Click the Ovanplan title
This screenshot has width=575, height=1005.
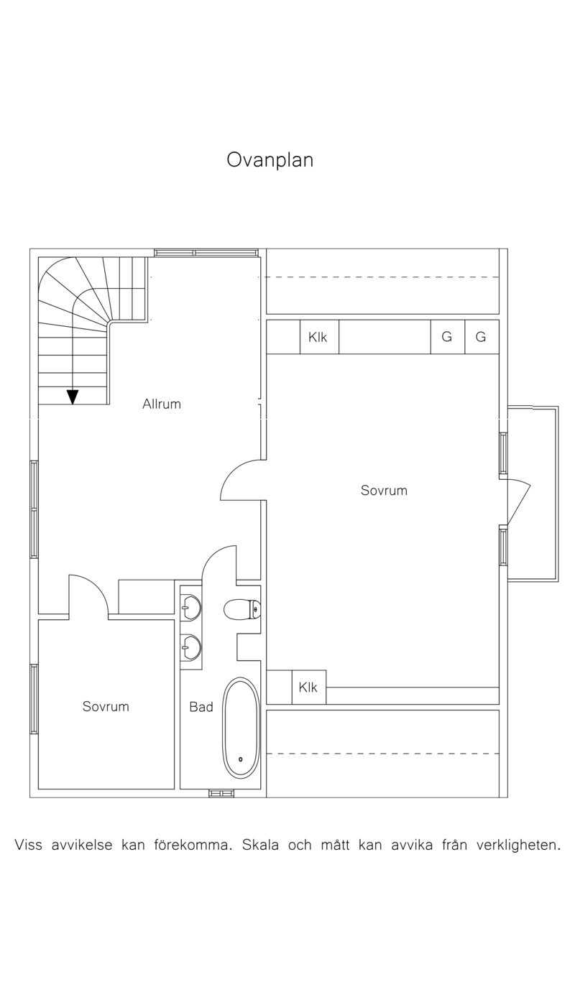coord(270,160)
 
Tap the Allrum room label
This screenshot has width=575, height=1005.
coord(162,404)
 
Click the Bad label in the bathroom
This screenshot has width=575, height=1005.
coord(201,707)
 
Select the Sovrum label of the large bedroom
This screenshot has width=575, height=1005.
coord(384,491)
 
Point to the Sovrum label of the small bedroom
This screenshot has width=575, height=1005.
coord(106,707)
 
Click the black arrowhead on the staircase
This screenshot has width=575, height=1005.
coord(73,397)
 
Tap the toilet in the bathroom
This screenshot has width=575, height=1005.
coord(242,610)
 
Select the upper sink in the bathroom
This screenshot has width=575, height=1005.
coord(190,608)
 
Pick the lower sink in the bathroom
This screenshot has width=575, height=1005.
coord(190,647)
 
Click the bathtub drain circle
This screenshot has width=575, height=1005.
coord(241,759)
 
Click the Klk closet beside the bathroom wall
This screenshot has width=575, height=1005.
coord(309,687)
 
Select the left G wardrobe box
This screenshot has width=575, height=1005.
coord(448,337)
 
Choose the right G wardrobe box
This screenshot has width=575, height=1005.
coord(482,337)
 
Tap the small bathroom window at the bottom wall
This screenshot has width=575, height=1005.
coord(221,793)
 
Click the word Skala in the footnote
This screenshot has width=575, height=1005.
coord(260,846)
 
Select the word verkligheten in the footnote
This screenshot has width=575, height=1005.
coord(518,846)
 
